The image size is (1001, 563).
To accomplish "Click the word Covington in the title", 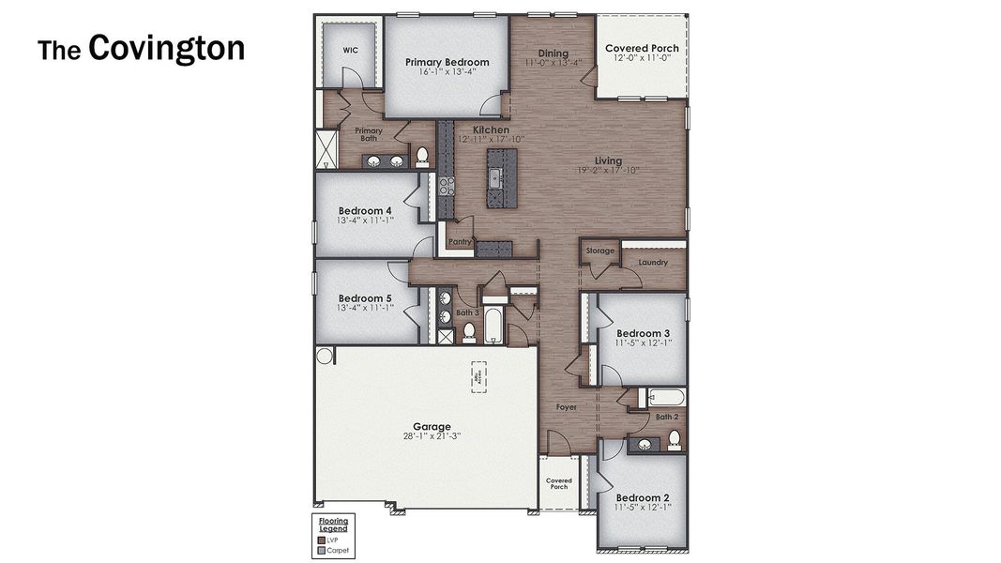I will point(166,48).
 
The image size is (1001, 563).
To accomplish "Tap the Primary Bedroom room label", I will point(447,62).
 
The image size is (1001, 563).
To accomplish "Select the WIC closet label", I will point(350,51).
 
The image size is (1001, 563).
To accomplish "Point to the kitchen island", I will point(500,177).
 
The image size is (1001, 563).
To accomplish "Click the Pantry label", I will point(460,241).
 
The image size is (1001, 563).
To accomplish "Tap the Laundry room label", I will point(653,263).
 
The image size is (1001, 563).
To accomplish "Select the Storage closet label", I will point(600,251).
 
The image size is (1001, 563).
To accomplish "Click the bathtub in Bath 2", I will point(666,397).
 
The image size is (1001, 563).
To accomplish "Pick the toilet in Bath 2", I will point(674,439).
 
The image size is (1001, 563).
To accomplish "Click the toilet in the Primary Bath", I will point(422,156).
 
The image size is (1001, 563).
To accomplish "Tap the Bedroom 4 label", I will point(365,210).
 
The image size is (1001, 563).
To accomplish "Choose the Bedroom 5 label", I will point(365,298).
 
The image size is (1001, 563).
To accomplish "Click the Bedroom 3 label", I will point(643,333).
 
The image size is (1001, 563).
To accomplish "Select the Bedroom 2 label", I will point(643,497).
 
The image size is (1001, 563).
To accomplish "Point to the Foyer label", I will point(567,407).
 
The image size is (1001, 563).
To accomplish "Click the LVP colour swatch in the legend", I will point(321,540).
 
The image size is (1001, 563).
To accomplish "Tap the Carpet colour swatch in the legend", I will point(321,551).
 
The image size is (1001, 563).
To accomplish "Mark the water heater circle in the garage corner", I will point(325,356).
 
